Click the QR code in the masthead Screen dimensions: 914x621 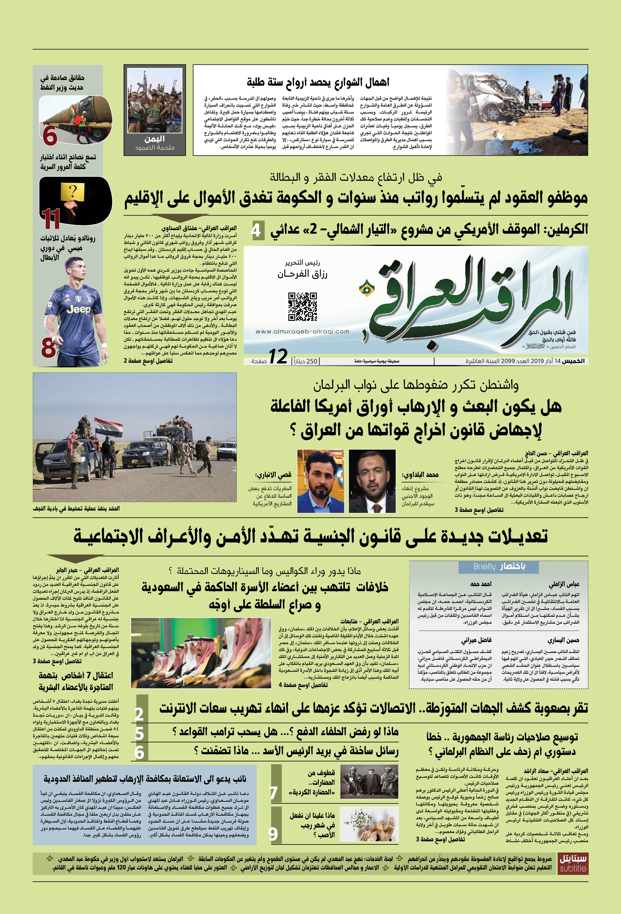(x=302, y=306)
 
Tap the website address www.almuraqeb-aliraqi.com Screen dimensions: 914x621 (x=302, y=331)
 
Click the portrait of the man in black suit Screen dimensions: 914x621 (x=372, y=481)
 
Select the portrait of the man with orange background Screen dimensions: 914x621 (x=321, y=481)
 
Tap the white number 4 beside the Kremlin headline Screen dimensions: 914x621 (x=256, y=230)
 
